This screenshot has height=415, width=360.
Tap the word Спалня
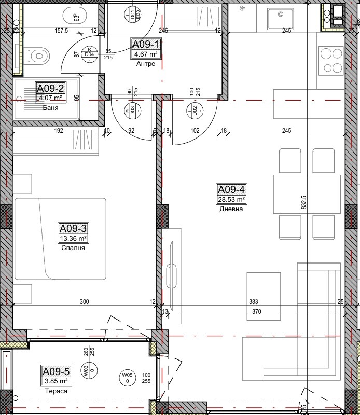[73, 247]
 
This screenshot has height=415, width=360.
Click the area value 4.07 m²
[50, 97]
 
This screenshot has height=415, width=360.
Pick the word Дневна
[231, 209]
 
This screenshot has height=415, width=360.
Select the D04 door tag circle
[90, 54]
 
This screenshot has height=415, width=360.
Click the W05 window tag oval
[127, 377]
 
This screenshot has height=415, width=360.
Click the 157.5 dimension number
[62, 31]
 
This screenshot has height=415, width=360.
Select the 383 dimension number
[254, 302]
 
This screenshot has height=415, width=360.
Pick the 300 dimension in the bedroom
[85, 302]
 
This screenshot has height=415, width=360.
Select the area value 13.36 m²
[73, 238]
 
